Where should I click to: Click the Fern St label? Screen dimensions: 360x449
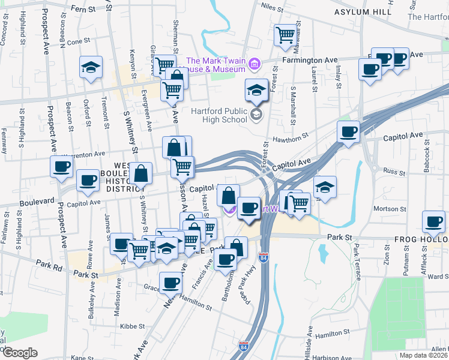point(83,10)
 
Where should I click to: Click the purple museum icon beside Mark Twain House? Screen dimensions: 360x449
point(255,62)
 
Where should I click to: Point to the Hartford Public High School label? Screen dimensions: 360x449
point(219,115)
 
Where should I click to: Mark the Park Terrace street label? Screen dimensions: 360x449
point(358,262)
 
